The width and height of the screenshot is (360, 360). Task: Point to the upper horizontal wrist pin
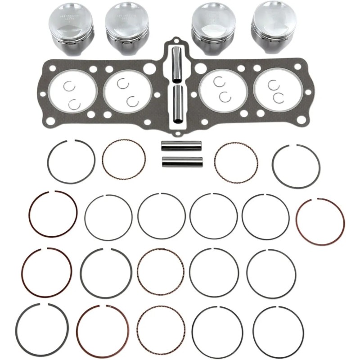(182, 146)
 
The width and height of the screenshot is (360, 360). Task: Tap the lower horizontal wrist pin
(182, 161)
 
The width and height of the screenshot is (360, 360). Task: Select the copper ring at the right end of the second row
(320, 221)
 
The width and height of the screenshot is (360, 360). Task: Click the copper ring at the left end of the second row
(53, 215)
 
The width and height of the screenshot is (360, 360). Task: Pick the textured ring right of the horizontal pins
(236, 162)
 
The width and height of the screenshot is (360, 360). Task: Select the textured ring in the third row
(160, 271)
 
